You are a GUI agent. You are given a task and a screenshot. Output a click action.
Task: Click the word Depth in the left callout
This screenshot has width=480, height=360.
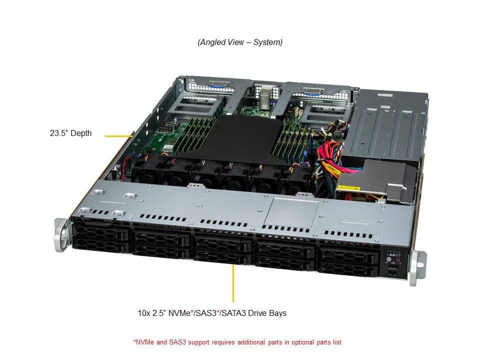click(81, 133)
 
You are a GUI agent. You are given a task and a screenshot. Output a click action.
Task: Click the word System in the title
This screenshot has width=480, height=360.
click(267, 42)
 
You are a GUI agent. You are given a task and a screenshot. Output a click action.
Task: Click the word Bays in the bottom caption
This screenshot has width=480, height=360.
click(278, 313)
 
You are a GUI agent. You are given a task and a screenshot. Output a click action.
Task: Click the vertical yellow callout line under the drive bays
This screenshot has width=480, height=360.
click(233, 283)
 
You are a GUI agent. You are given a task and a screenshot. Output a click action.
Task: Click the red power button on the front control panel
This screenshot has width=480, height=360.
click(398, 261)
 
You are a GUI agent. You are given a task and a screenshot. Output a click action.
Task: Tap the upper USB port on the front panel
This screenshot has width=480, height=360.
click(393, 267)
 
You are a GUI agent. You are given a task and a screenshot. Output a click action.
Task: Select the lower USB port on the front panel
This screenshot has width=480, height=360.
click(393, 273)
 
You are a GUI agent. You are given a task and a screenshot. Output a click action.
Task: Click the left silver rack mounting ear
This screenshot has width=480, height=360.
click(61, 234)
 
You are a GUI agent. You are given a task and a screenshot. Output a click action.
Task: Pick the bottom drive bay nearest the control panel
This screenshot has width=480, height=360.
click(348, 268)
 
